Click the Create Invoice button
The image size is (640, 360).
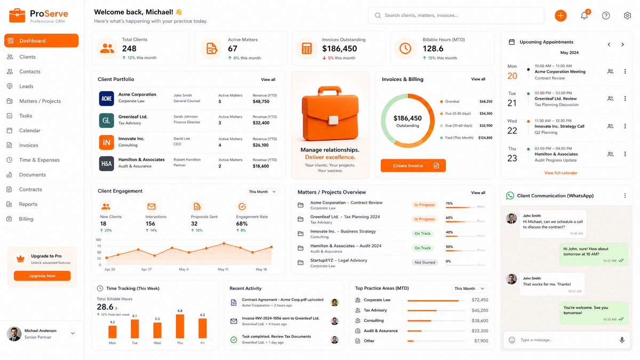[413, 165]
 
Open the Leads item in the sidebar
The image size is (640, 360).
[26, 86]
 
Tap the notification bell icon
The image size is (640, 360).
[585, 15]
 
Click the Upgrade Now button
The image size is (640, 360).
[42, 276]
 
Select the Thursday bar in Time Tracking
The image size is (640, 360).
[180, 326]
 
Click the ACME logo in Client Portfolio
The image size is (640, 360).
[106, 99]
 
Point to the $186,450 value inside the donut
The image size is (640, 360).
[407, 118]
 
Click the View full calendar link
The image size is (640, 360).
[561, 173]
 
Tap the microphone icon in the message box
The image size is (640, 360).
[622, 340]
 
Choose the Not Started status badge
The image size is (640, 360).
[425, 262]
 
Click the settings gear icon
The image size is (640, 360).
[627, 15]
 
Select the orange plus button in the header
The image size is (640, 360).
[561, 15]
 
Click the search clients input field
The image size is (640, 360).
[456, 15]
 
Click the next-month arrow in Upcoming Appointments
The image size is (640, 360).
[622, 45]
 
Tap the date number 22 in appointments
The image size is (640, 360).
[512, 131]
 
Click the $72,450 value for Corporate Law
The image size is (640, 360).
[479, 300]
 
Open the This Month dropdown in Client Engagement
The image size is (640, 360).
[262, 191]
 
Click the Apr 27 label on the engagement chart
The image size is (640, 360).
[146, 269]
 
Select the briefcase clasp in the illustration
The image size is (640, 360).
[333, 120]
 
